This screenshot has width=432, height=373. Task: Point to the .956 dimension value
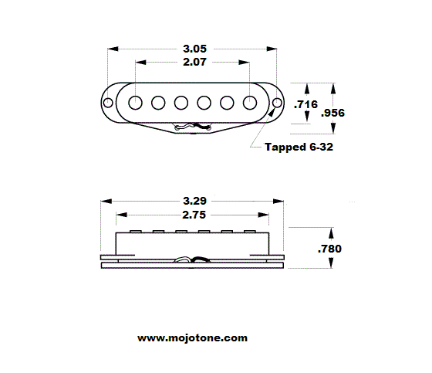tap(332, 113)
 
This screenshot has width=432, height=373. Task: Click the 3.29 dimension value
tap(192, 200)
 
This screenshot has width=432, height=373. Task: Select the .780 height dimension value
tap(329, 249)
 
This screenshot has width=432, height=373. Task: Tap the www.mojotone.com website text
tap(193, 338)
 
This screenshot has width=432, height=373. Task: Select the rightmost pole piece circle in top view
tap(251, 102)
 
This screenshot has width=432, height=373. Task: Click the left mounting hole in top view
tap(109, 103)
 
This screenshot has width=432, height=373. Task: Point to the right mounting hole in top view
tap(276, 103)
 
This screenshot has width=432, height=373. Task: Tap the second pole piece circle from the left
tap(159, 102)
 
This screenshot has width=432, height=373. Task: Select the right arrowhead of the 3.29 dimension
tap(282, 201)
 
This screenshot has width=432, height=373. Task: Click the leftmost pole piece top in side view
tap(137, 229)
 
